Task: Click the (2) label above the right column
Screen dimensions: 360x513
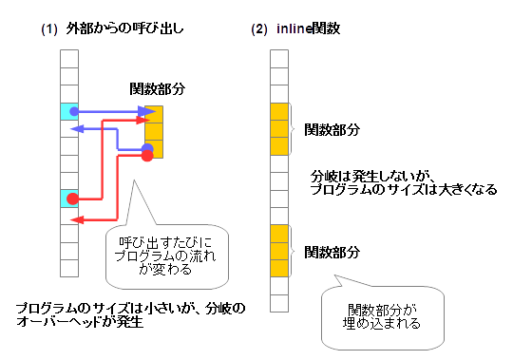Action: (258, 29)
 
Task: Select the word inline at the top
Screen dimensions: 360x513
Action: (294, 29)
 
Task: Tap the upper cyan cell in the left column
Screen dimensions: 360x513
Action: (68, 111)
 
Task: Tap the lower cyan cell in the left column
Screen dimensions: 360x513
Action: (68, 198)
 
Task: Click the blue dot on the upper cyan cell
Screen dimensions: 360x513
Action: (74, 111)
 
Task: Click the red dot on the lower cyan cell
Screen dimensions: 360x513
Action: (72, 199)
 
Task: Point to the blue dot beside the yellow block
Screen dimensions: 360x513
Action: (148, 148)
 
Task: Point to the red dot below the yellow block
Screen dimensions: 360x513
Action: (146, 156)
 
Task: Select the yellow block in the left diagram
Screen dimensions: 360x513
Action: (154, 130)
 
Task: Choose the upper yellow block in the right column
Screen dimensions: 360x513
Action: (278, 129)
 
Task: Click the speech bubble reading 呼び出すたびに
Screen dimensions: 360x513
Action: (167, 256)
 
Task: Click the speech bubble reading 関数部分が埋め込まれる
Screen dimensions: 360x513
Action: (381, 314)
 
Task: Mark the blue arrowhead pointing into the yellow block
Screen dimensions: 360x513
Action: (148, 112)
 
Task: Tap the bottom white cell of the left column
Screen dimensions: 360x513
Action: (68, 267)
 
